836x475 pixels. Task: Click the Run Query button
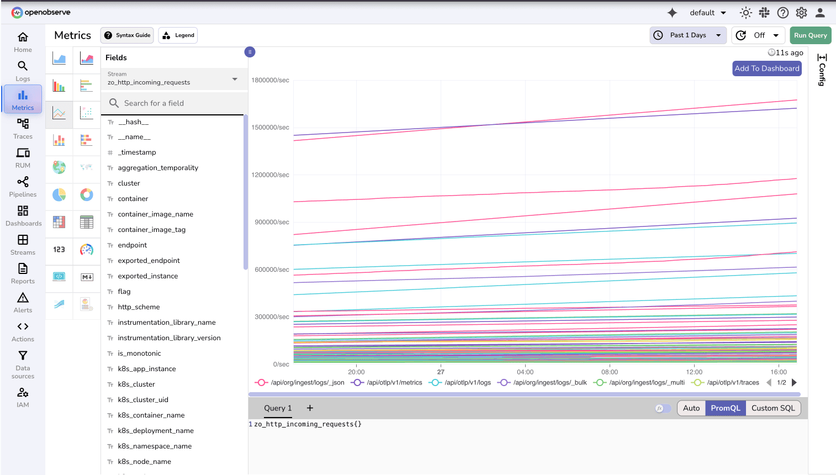click(810, 35)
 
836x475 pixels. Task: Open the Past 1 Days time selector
click(688, 35)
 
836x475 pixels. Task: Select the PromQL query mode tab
click(725, 408)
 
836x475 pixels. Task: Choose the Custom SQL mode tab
click(772, 408)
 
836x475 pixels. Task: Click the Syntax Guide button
click(127, 35)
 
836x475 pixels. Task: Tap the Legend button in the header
click(178, 35)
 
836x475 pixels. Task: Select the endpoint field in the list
click(133, 245)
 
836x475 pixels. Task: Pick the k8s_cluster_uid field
click(143, 400)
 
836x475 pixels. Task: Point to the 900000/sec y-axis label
click(272, 222)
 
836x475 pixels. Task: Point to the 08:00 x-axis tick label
click(610, 372)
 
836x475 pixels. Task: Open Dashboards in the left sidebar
click(23, 215)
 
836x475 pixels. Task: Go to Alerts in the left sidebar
click(23, 302)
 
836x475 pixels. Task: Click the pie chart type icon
click(59, 194)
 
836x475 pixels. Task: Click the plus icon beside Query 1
click(310, 408)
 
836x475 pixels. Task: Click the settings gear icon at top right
click(801, 13)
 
